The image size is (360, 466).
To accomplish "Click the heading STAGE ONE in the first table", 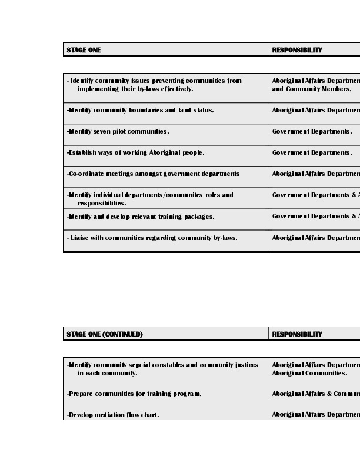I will point(84,50).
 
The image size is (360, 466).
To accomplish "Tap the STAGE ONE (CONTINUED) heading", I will point(105,334).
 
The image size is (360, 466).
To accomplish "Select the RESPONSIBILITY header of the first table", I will point(297,50).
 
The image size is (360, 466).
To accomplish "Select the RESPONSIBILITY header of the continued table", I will point(297,334).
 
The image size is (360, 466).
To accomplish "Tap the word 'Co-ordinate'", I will point(85,174).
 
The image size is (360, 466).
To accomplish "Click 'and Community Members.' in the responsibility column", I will point(312,89).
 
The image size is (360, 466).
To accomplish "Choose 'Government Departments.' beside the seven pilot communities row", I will point(312,131).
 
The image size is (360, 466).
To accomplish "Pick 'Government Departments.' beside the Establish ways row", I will point(312,152).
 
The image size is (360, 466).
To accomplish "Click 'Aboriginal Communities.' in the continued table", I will point(309,373).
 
